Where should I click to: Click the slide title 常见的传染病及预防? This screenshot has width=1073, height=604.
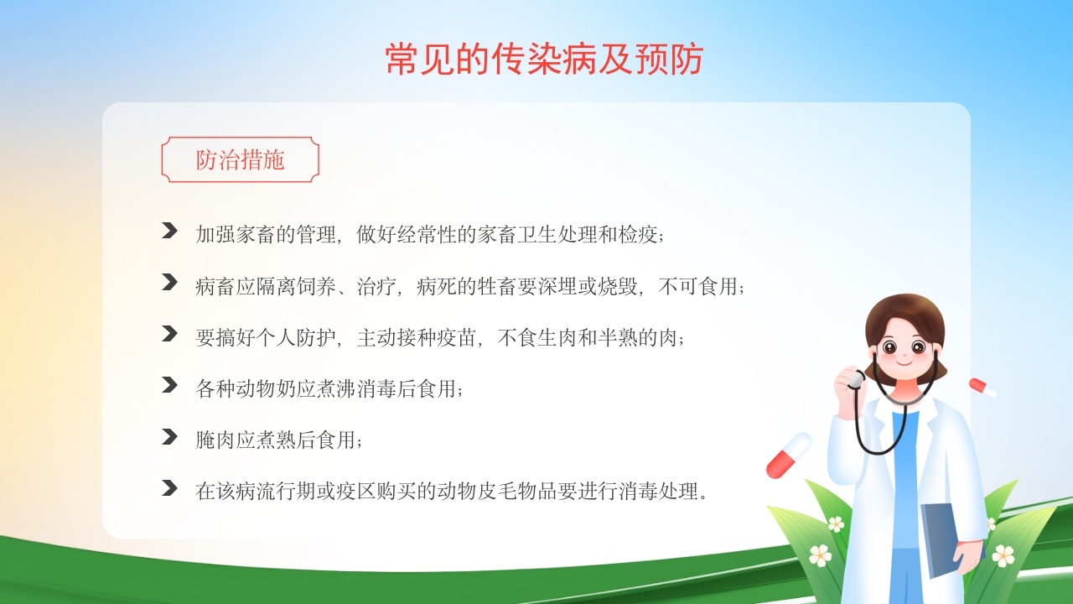pos(543,60)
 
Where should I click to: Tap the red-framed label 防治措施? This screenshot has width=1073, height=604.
pos(240,159)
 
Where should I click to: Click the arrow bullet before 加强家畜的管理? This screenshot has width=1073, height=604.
pos(169,231)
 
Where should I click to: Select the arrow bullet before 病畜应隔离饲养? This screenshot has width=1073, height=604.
pos(169,282)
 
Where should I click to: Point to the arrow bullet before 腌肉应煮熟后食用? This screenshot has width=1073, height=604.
pos(169,436)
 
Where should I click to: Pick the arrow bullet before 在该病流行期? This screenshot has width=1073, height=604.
pos(169,487)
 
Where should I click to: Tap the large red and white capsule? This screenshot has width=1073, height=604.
pos(789,455)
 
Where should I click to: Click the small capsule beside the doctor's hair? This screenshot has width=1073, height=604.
pos(982,388)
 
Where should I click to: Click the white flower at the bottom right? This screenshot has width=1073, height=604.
pos(1003,555)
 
